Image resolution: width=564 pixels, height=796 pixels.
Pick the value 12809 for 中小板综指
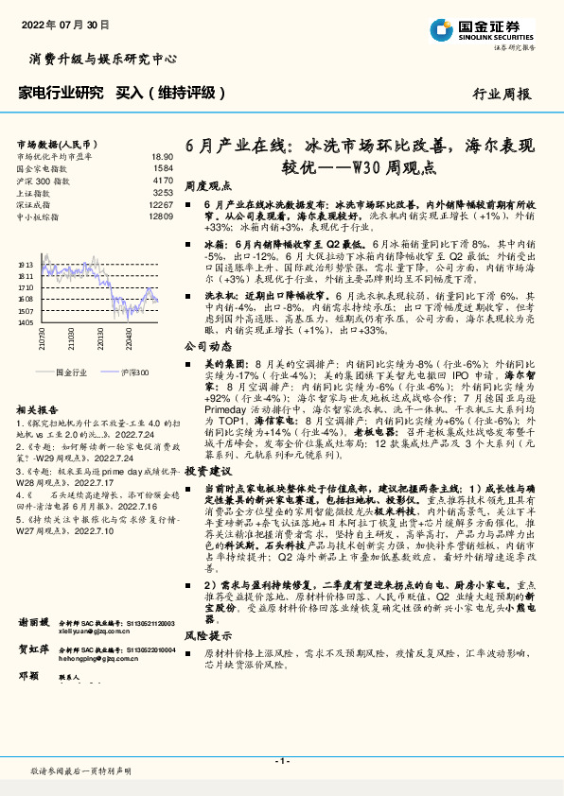pos(161,216)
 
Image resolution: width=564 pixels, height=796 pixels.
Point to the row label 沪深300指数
pos(43,180)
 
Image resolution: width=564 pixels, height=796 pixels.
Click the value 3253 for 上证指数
pos(163,192)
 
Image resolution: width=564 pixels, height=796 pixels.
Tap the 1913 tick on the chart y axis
pos(25,265)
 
